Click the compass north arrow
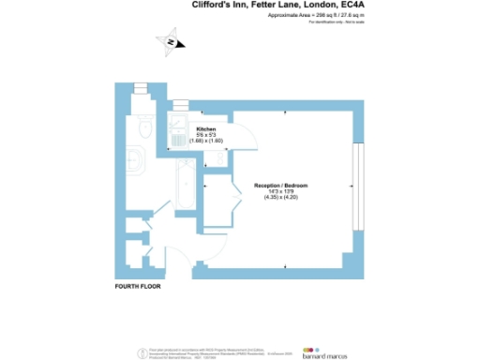pos(171,41)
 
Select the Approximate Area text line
pos(303,16)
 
